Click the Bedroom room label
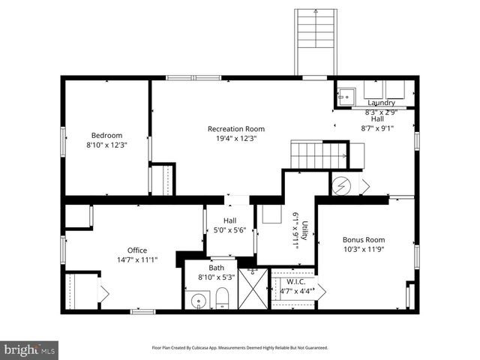pyautogui.click(x=106, y=135)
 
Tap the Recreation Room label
pyautogui.click(x=236, y=128)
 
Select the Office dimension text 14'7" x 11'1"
pyautogui.click(x=137, y=259)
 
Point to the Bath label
pyautogui.click(x=216, y=267)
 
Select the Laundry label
pyautogui.click(x=381, y=102)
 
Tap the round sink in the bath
pyautogui.click(x=199, y=301)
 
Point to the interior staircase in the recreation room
pyautogui.click(x=319, y=155)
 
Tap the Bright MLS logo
pyautogui.click(x=30, y=349)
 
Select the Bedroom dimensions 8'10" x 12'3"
pyautogui.click(x=106, y=145)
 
